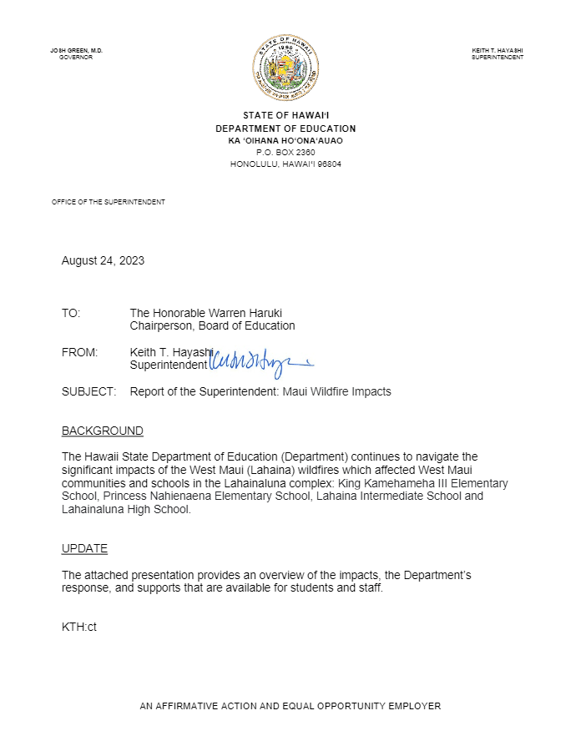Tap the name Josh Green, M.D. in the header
click(76, 51)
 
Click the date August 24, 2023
click(103, 260)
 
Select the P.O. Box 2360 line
click(285, 153)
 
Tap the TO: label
click(71, 313)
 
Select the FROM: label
click(79, 352)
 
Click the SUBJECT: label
click(88, 391)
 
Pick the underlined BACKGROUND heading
click(102, 431)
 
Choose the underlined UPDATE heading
click(84, 549)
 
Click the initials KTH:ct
click(79, 627)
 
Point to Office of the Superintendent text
click(109, 202)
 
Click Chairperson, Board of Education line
click(212, 325)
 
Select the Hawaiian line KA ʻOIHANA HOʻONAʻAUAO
click(285, 141)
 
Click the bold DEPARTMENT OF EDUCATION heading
click(285, 129)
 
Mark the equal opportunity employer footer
click(290, 706)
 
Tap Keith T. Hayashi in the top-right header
click(498, 51)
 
